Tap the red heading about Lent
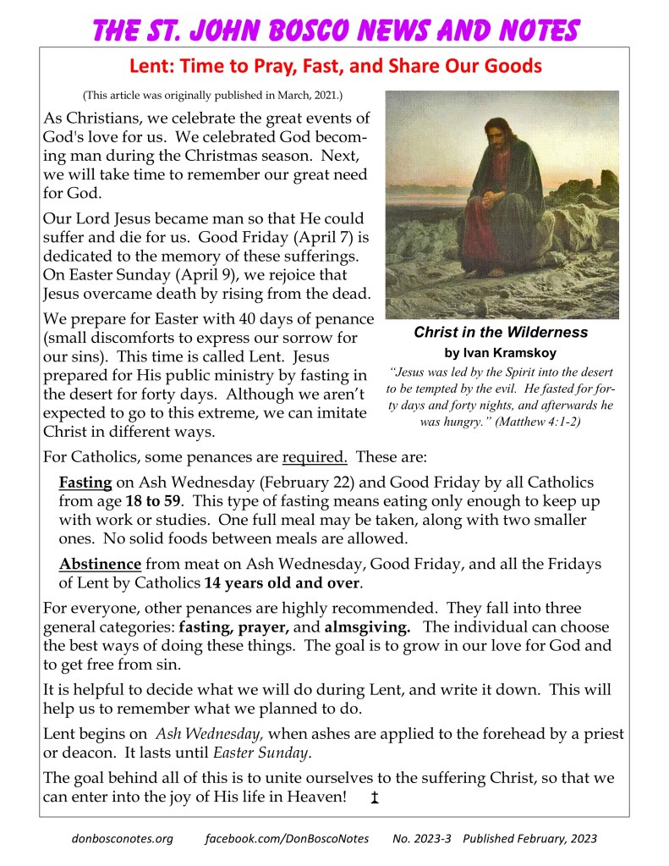tap(335, 65)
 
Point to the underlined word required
tap(315, 458)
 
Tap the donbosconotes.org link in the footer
tap(123, 839)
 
